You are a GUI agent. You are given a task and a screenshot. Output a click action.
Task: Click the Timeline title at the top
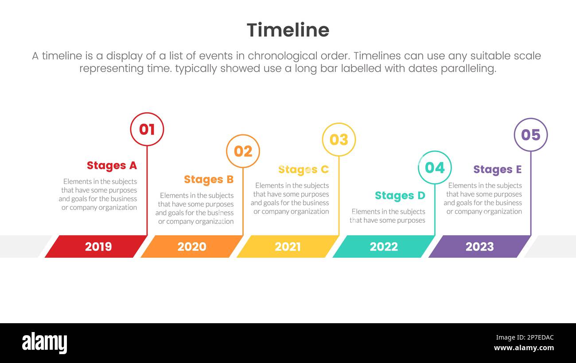288,30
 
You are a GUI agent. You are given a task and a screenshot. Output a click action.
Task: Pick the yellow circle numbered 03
339,124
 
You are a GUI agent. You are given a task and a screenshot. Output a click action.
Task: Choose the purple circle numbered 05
531,119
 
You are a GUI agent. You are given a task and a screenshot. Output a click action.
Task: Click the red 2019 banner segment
96,246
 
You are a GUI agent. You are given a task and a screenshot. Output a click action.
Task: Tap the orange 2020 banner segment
192,246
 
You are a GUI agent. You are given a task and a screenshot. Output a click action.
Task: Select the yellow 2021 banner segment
288,246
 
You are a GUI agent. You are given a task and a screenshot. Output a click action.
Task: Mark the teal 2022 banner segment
384,246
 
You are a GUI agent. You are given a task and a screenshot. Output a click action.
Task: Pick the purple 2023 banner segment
479,246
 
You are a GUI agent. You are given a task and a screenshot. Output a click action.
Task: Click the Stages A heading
112,166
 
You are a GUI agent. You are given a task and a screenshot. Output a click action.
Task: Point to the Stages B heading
209,180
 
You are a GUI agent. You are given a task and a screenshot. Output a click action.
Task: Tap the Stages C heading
304,170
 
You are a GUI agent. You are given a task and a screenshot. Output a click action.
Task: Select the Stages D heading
400,196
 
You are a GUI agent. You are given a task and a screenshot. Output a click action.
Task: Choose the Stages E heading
498,170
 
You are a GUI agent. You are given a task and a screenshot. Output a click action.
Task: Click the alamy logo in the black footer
44,343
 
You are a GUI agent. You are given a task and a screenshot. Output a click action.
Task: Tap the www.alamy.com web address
524,348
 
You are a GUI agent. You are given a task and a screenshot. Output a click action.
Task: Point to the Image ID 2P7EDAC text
525,337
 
